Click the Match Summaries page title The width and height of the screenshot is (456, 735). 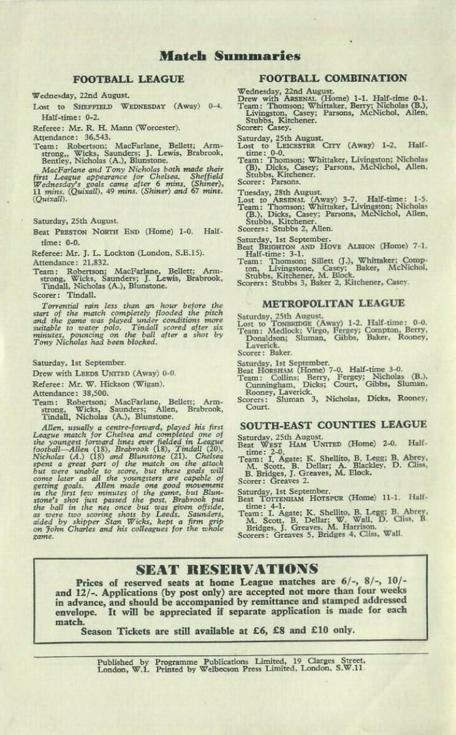pyautogui.click(x=229, y=57)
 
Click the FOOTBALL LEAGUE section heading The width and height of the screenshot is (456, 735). pyautogui.click(x=128, y=80)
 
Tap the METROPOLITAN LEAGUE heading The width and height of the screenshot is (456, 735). pyautogui.click(x=333, y=303)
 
